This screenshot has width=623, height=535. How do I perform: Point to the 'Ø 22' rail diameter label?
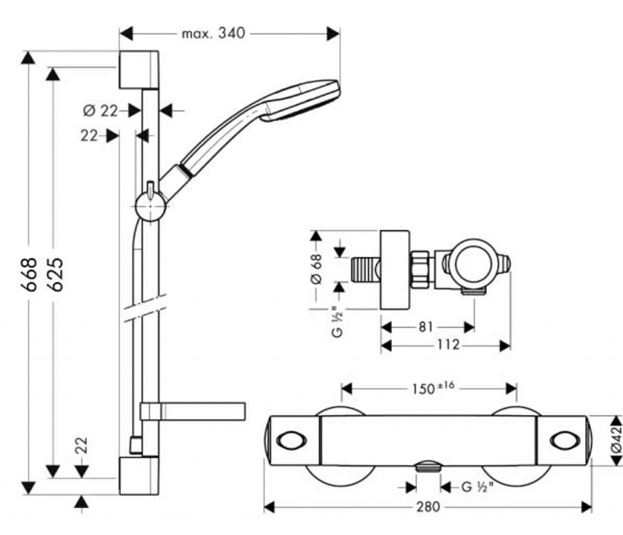[x=100, y=111]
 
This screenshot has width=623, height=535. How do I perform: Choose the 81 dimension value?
[x=426, y=327]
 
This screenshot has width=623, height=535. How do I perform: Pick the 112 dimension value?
[x=447, y=345]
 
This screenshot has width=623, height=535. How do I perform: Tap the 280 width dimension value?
[x=428, y=506]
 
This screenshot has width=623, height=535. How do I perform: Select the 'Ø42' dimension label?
[x=616, y=438]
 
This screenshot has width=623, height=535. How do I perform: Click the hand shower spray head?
[x=301, y=100]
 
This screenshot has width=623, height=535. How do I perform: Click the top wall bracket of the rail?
[x=139, y=70]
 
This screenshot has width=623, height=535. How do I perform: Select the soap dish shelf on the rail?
[x=193, y=411]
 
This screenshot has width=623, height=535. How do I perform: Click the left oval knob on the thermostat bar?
[x=286, y=440]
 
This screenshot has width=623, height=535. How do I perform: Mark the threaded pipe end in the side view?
[x=364, y=268]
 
